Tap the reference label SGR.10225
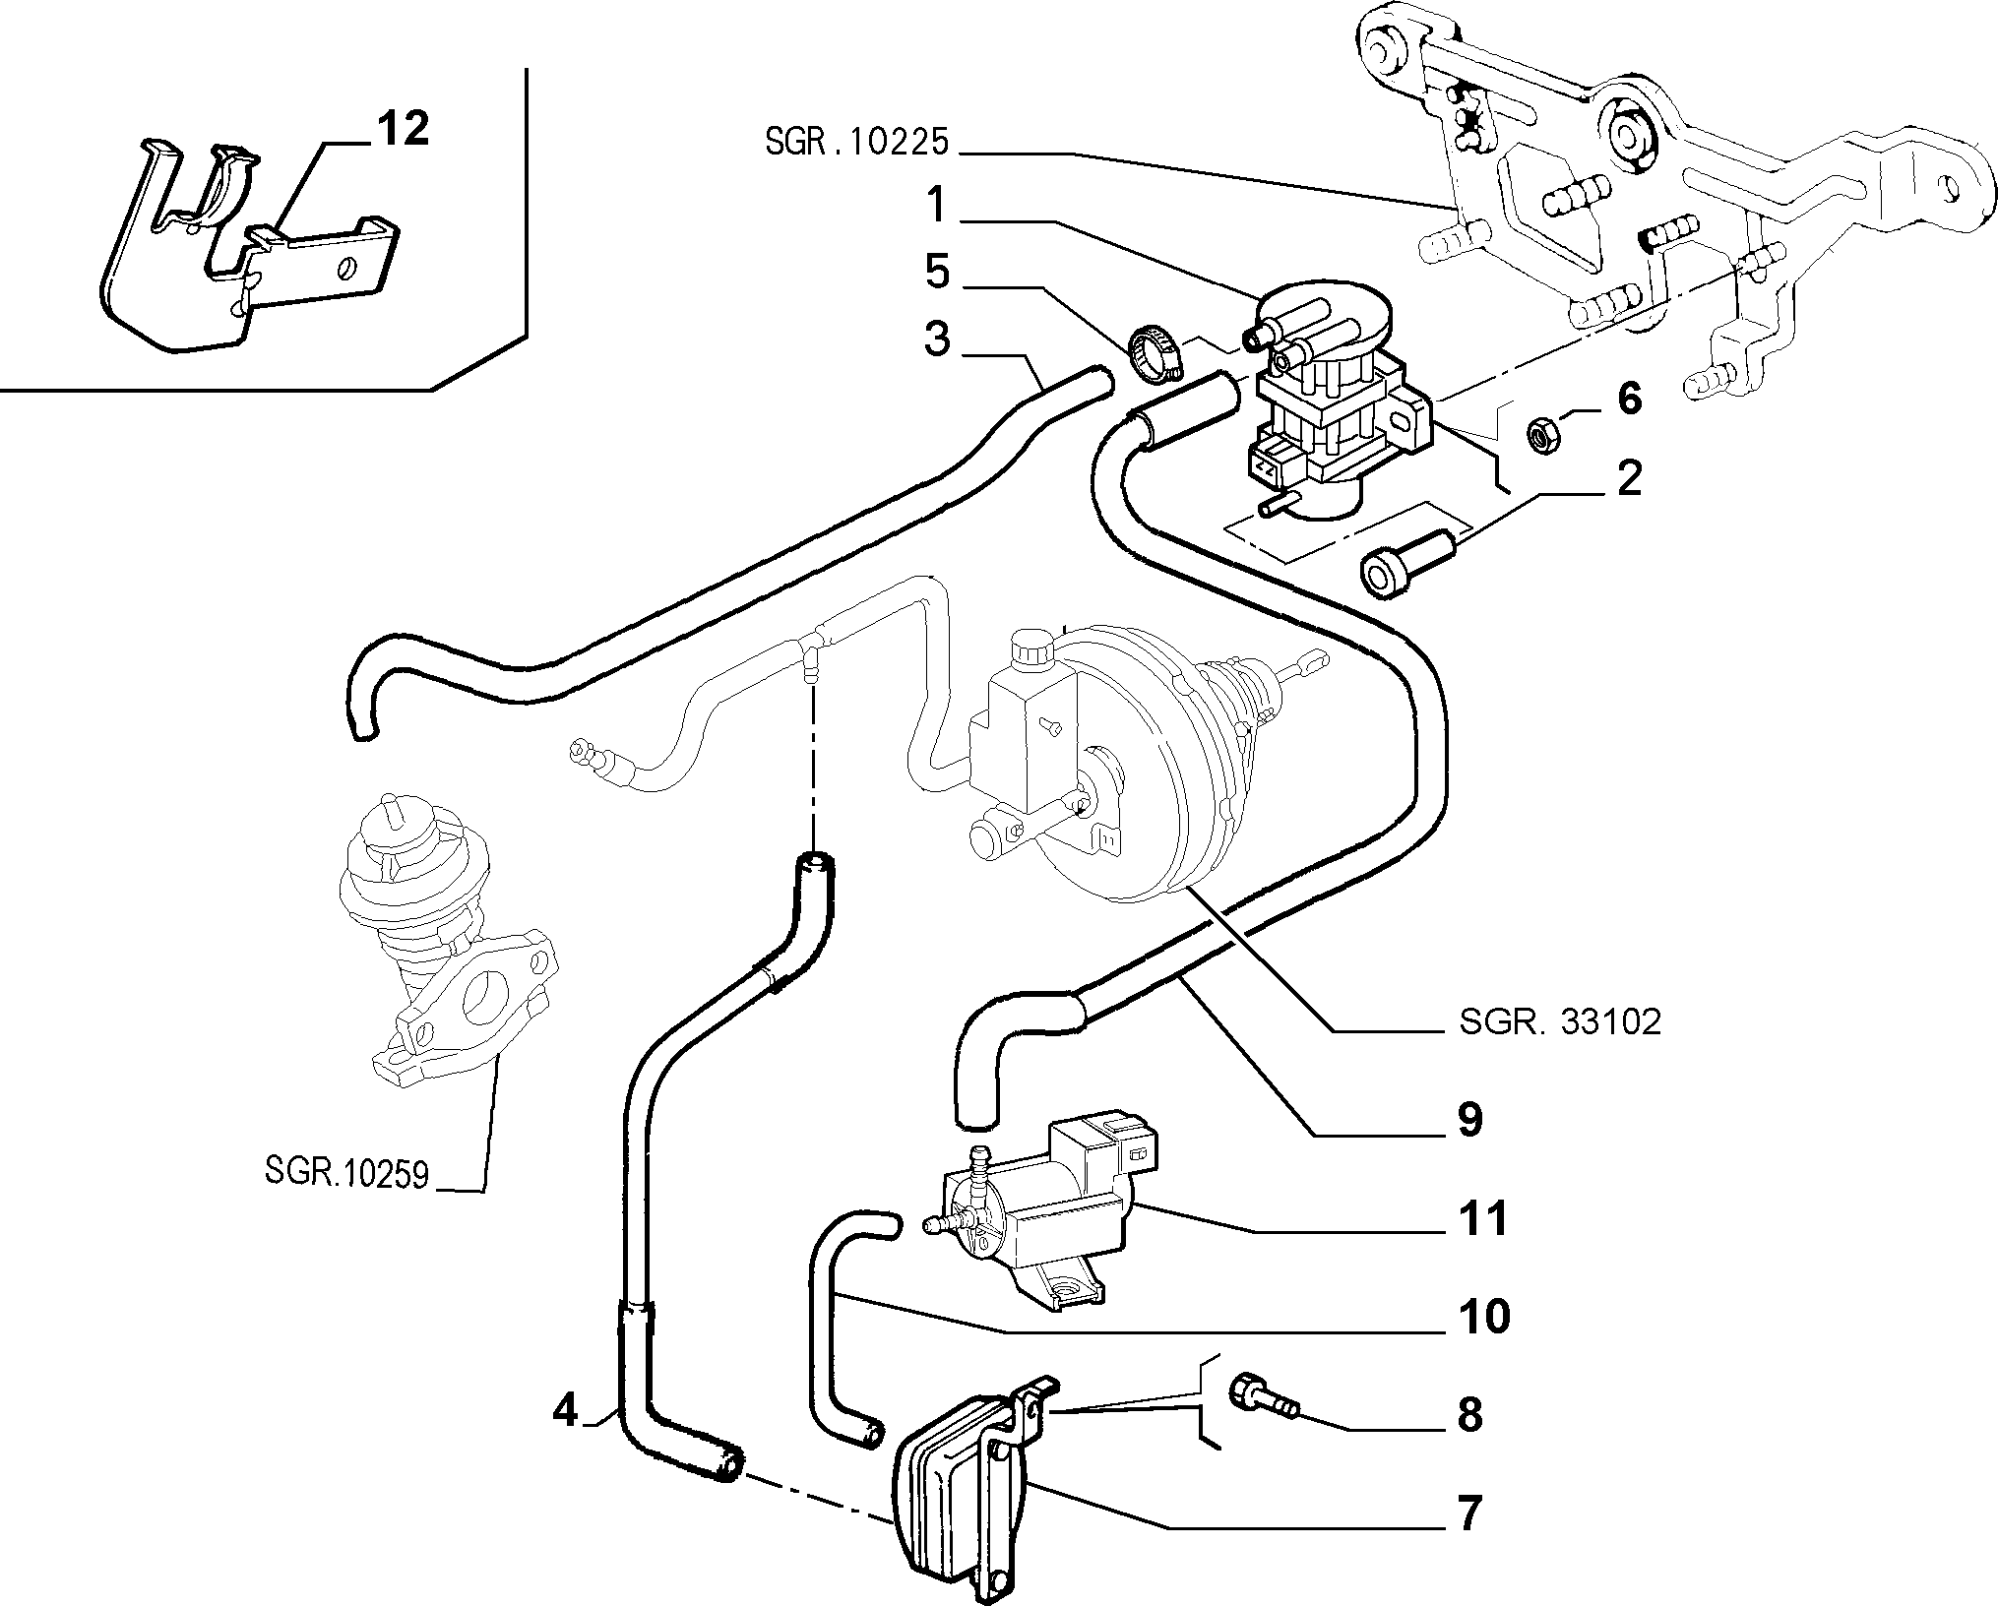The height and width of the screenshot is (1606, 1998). pyautogui.click(x=856, y=143)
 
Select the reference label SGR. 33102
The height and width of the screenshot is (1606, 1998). pyautogui.click(x=1560, y=1021)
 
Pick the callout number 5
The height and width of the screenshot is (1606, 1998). pyautogui.click(x=937, y=273)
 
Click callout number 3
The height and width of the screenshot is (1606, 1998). pyautogui.click(x=937, y=340)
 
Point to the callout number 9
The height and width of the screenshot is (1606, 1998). pyautogui.click(x=1469, y=1120)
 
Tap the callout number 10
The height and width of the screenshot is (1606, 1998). pyautogui.click(x=1483, y=1317)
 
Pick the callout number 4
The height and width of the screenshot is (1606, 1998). pyautogui.click(x=565, y=1412)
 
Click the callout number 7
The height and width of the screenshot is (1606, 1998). pyautogui.click(x=1469, y=1513)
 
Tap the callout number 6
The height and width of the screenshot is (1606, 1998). pyautogui.click(x=1629, y=400)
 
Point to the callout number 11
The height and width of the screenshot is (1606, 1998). pyautogui.click(x=1483, y=1220)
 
